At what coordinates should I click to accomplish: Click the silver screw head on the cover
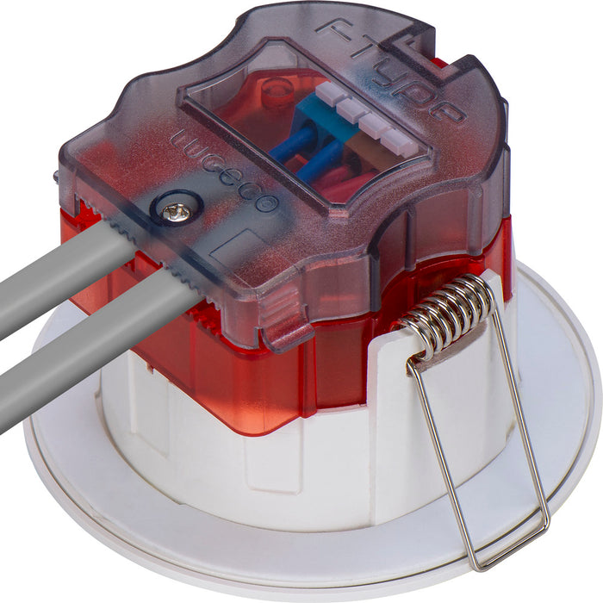(x=177, y=212)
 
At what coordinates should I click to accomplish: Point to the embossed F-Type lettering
(x=391, y=68)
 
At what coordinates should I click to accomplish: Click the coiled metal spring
(x=446, y=314)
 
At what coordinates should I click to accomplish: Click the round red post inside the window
(x=277, y=90)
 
